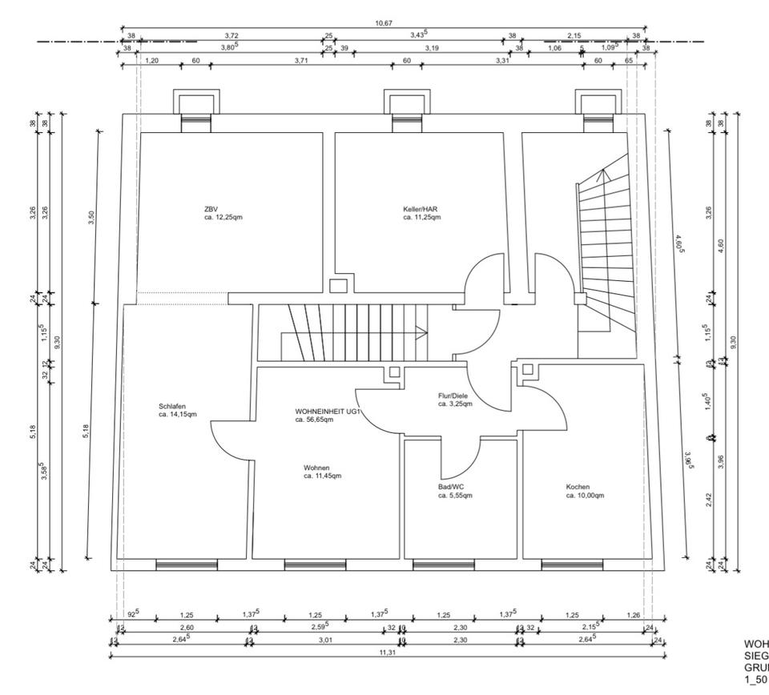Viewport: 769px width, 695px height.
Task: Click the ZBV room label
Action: [211, 210]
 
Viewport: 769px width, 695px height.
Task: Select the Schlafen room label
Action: [172, 406]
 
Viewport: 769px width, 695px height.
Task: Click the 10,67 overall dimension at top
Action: [384, 23]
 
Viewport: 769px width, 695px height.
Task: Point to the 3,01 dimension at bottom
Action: [325, 640]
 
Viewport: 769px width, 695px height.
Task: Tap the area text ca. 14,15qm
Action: [178, 415]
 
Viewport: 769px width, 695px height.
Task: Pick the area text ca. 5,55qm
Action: [455, 496]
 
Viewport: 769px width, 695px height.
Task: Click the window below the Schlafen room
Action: [175, 564]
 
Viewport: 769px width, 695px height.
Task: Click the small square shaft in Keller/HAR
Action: [338, 285]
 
